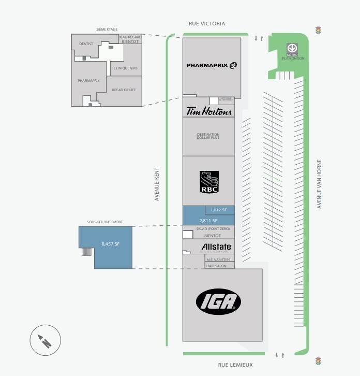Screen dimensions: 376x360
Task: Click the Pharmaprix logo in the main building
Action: point(212,65)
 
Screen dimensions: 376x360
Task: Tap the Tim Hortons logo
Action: point(209,111)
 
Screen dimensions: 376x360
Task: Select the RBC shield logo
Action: point(209,182)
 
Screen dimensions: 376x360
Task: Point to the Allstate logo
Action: point(216,247)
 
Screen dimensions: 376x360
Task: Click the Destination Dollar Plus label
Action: point(208,136)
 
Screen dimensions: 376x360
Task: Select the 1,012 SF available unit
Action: point(219,210)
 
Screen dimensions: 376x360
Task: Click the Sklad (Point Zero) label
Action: point(213,228)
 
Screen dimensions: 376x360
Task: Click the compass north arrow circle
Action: point(46,340)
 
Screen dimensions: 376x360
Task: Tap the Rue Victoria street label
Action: point(206,24)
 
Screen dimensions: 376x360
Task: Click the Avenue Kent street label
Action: point(157,184)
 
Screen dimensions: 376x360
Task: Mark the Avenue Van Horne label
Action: point(319,184)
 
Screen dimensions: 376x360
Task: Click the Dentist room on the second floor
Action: point(86,44)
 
